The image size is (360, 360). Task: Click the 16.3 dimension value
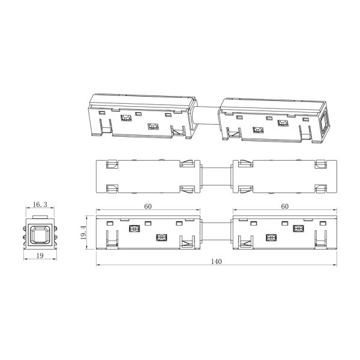click(x=40, y=205)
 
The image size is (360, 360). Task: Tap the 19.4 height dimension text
click(x=83, y=232)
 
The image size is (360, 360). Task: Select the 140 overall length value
click(x=216, y=262)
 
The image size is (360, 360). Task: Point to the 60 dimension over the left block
click(x=148, y=206)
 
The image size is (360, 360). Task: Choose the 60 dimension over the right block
click(x=284, y=206)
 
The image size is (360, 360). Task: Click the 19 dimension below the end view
click(x=40, y=256)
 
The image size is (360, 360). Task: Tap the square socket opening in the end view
click(x=40, y=235)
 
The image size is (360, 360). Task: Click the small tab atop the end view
click(x=40, y=217)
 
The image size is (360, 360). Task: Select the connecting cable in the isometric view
click(x=206, y=115)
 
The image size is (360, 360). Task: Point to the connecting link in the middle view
click(x=216, y=176)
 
